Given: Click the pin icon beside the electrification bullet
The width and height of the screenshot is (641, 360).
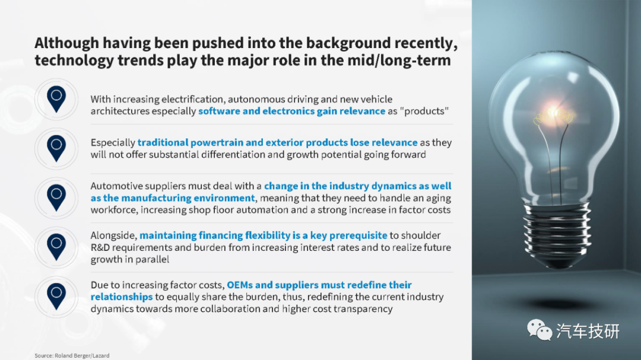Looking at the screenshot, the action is click(x=56, y=99).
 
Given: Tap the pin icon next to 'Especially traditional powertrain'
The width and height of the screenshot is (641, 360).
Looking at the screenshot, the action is click(x=56, y=148).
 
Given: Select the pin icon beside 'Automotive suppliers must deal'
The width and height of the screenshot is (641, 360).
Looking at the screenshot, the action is click(x=56, y=197).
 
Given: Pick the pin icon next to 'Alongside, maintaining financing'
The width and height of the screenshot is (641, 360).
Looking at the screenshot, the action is click(x=56, y=247).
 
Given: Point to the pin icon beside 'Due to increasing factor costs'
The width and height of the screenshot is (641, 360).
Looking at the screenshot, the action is click(x=56, y=297).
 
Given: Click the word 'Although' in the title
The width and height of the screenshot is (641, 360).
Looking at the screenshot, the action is click(x=66, y=43).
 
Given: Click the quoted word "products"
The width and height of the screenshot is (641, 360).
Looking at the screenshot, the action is click(x=418, y=111).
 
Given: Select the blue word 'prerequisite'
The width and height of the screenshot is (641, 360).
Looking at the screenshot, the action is click(x=358, y=236).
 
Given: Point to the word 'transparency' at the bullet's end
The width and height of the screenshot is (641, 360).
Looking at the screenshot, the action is click(x=363, y=309).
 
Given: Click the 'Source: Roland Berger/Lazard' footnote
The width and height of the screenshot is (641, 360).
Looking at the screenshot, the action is click(x=72, y=355).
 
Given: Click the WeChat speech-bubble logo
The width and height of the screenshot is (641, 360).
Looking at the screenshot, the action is click(x=539, y=330).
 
